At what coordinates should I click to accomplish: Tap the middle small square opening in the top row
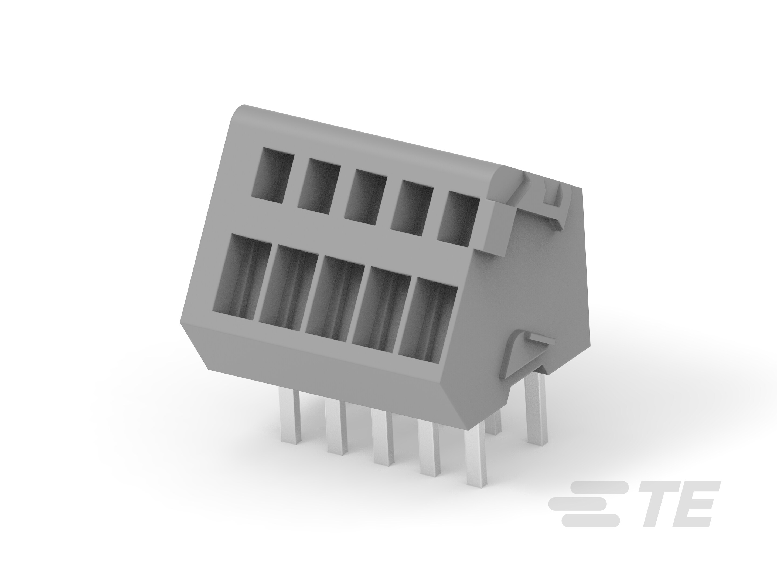(x=365, y=196)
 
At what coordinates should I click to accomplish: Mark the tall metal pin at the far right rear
(x=536, y=409)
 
